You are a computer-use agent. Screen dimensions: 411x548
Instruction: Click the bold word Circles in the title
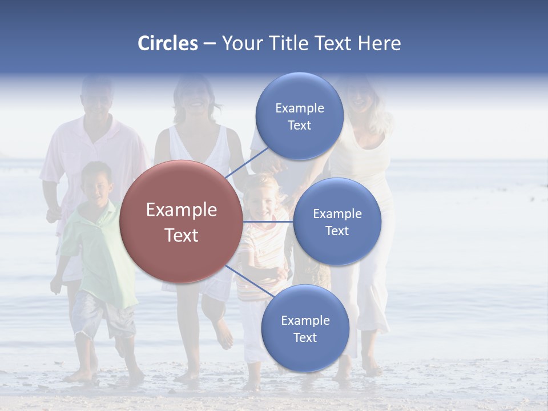168,43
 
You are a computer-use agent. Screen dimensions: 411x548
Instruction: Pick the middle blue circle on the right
337,221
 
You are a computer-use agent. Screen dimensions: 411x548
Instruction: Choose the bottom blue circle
305,328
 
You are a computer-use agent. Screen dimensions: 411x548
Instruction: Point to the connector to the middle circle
268,221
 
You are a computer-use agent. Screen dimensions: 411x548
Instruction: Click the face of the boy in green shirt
97,184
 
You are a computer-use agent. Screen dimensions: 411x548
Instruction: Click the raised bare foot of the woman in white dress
223,335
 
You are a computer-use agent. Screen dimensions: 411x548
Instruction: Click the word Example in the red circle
181,210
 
